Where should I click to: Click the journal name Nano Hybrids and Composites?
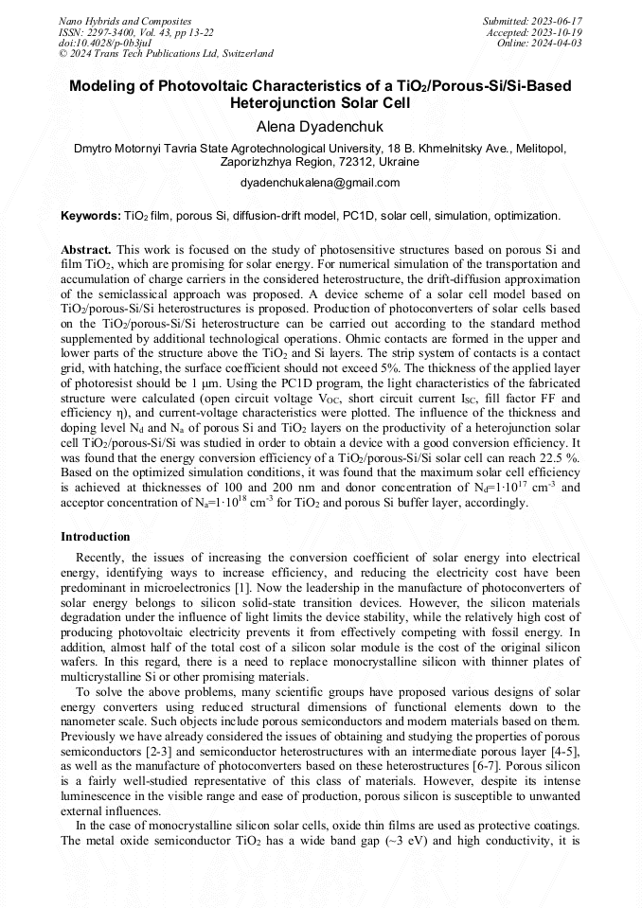point(125,21)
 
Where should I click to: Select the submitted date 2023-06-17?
point(558,21)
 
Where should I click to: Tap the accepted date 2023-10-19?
point(558,32)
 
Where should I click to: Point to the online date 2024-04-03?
point(558,43)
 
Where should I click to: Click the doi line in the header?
point(98,43)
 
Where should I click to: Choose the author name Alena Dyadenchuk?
point(320,126)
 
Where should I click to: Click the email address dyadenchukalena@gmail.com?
point(320,183)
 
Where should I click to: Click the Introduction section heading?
point(96,537)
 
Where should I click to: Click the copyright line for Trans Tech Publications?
point(166,54)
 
